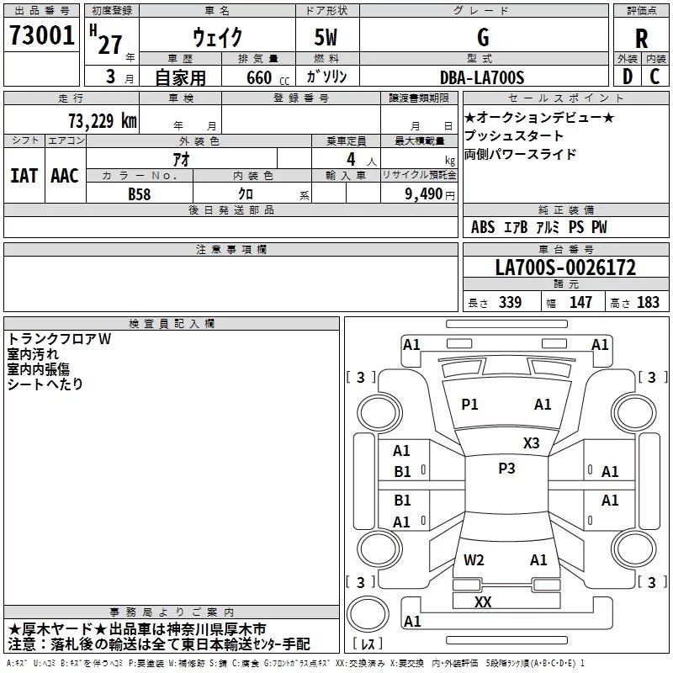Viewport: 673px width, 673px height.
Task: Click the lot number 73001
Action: [x=42, y=36]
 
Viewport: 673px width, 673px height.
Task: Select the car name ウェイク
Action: [x=217, y=38]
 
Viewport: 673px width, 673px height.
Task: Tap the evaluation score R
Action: [x=641, y=39]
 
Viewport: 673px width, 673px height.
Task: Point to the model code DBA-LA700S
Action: [x=482, y=77]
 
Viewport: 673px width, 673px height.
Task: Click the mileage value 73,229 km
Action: [x=102, y=120]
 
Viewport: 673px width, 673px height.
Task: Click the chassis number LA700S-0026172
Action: [x=565, y=268]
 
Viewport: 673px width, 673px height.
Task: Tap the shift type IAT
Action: [x=24, y=176]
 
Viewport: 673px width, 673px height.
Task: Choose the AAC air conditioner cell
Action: [x=65, y=176]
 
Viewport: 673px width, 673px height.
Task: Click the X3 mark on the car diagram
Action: [x=531, y=443]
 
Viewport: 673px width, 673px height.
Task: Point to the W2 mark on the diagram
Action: [x=474, y=560]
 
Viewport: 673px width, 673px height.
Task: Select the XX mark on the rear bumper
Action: [x=483, y=602]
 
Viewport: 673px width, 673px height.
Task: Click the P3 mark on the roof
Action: [x=506, y=469]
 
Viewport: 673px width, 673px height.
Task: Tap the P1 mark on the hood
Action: [x=469, y=405]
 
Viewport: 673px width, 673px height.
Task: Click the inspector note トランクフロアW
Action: [x=59, y=339]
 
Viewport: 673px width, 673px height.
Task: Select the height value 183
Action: [x=649, y=303]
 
